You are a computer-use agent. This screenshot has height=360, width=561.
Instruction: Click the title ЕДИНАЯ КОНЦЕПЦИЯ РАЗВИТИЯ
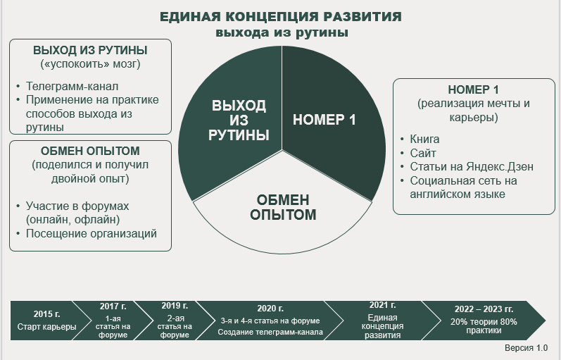tap(282, 17)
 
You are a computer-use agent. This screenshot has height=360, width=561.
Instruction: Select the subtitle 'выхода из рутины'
tap(282, 32)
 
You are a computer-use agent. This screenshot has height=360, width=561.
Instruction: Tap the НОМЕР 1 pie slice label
tap(324, 120)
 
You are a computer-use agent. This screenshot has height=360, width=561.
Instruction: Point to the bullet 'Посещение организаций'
tap(91, 233)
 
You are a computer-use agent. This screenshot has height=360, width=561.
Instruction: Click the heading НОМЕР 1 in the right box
tap(473, 90)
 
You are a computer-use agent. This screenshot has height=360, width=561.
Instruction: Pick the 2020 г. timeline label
tap(270, 309)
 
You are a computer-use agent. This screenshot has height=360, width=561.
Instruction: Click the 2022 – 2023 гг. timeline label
tap(484, 309)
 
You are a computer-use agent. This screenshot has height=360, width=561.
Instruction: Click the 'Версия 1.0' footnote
tap(526, 349)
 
